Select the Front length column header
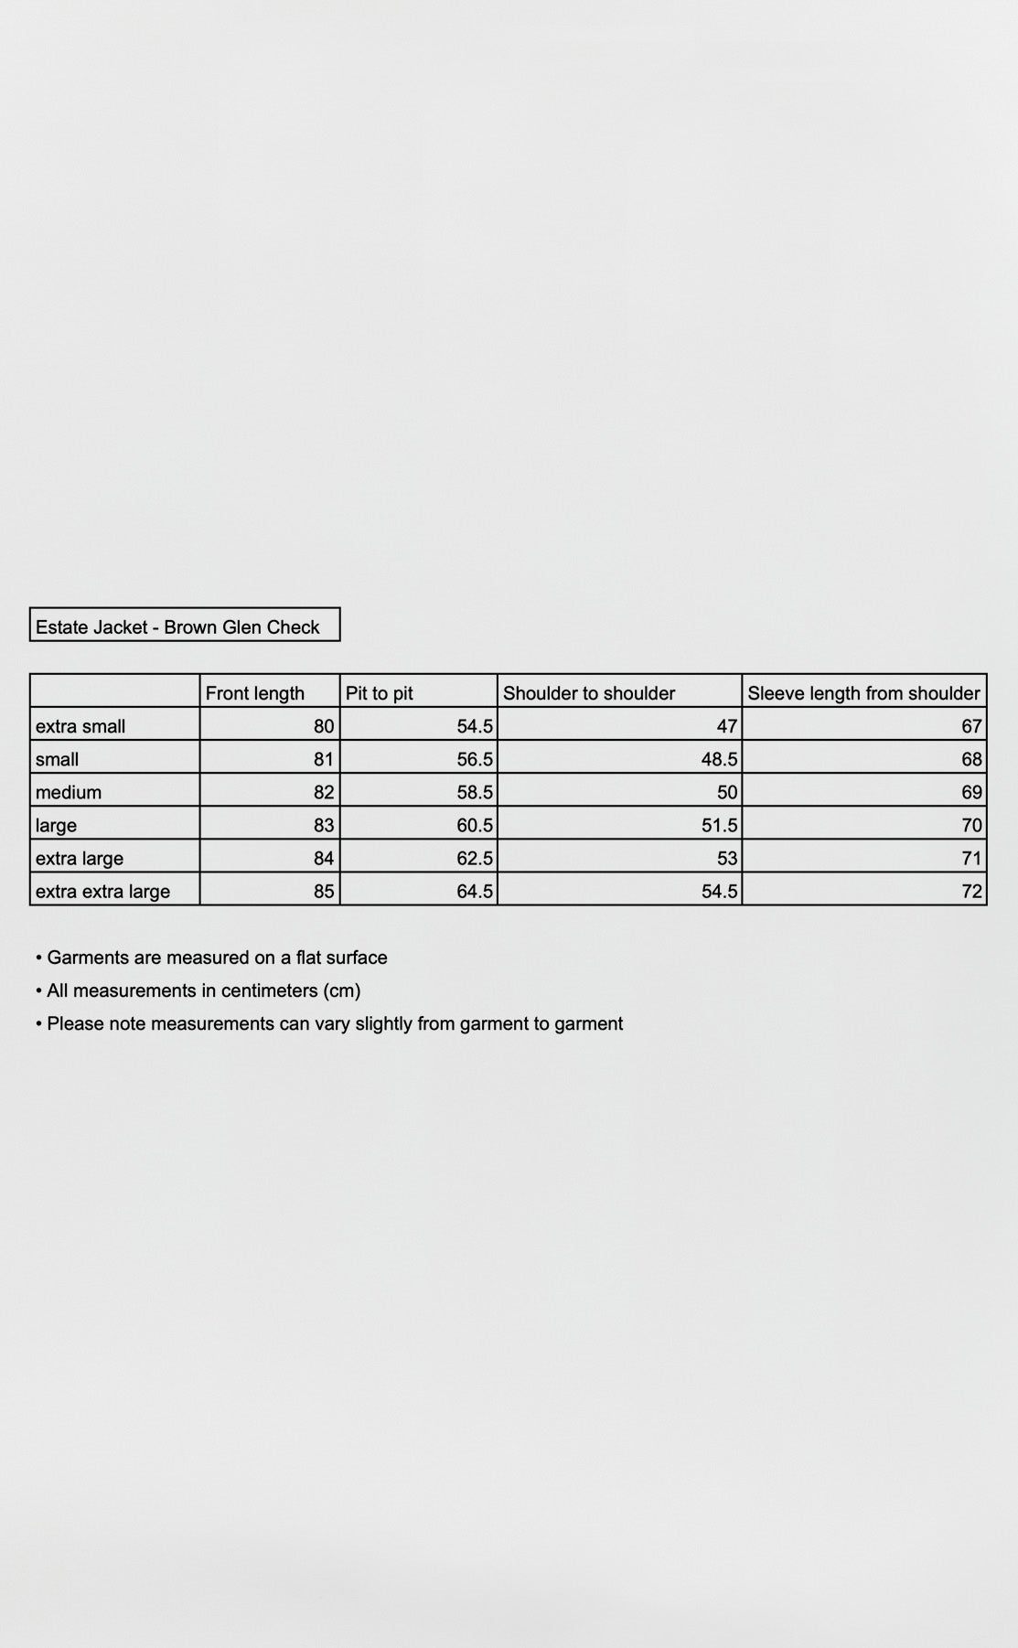click(x=254, y=693)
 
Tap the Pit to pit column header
click(x=379, y=693)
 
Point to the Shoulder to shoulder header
click(x=588, y=693)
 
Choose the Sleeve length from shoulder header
click(x=863, y=693)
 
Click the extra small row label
click(x=80, y=726)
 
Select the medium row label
click(x=69, y=792)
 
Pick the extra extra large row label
click(x=102, y=891)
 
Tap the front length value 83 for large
click(x=324, y=825)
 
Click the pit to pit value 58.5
click(x=475, y=792)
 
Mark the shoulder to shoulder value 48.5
click(x=719, y=759)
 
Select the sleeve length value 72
click(x=971, y=891)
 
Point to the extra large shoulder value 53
click(x=727, y=858)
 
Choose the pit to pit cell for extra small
click(x=475, y=726)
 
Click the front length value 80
click(x=324, y=726)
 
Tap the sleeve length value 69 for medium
click(x=971, y=792)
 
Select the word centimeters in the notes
click(x=266, y=990)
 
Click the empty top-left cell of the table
click(x=114, y=691)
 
